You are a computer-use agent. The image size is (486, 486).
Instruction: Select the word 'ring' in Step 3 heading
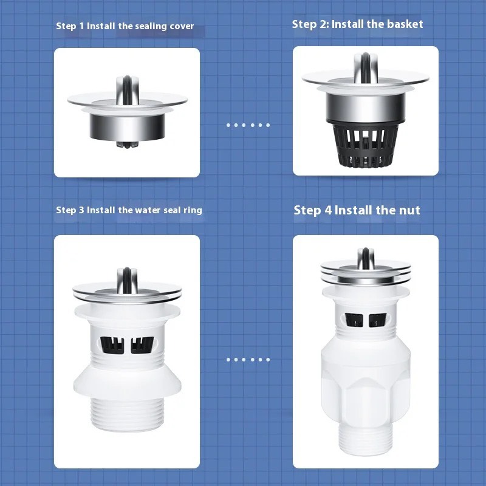[193, 210]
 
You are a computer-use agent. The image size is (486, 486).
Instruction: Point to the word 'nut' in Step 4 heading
[409, 210]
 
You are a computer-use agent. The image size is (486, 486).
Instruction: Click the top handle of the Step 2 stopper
[366, 67]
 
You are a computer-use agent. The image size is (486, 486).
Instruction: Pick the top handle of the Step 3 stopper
[127, 280]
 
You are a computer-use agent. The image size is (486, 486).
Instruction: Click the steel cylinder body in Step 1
[127, 127]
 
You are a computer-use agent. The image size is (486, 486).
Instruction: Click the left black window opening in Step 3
[112, 345]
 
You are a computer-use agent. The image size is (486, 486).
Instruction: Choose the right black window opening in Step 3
[142, 345]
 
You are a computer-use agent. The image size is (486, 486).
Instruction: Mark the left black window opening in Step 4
[354, 320]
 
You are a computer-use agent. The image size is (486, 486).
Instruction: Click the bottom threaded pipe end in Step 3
[128, 414]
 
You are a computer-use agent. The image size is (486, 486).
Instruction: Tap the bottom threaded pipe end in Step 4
[366, 439]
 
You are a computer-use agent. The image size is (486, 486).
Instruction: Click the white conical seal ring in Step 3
[128, 382]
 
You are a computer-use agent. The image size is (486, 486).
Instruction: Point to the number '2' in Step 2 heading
[324, 24]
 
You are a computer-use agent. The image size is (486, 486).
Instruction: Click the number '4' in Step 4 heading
[328, 210]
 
